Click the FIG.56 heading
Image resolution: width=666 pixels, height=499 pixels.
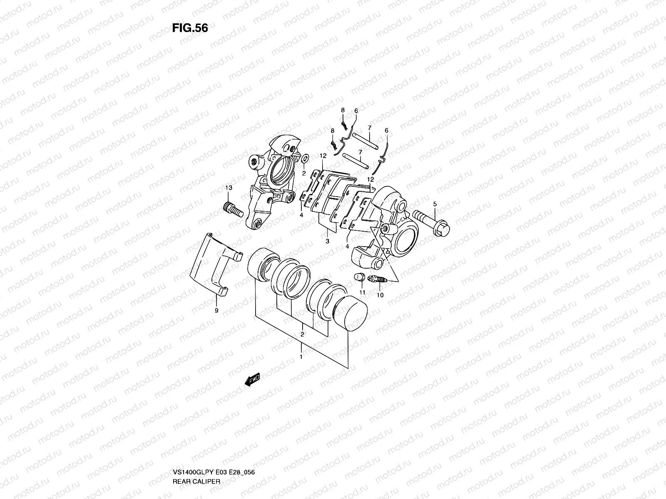point(190,28)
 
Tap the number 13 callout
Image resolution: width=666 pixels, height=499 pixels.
point(228,188)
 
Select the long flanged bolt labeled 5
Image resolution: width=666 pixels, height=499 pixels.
point(431,221)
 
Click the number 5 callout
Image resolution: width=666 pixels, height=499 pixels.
point(435,204)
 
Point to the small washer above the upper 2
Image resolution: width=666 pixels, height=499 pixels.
point(305,158)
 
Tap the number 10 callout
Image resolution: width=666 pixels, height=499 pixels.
point(380,295)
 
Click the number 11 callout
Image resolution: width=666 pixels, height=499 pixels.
point(362,293)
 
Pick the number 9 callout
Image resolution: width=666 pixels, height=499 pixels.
point(216,310)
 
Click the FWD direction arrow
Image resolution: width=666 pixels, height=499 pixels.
point(252,379)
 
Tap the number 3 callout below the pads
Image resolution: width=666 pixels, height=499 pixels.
point(328,241)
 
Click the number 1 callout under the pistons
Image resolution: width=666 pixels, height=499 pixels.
point(301,357)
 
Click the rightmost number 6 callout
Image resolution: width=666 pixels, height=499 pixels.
point(386,131)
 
